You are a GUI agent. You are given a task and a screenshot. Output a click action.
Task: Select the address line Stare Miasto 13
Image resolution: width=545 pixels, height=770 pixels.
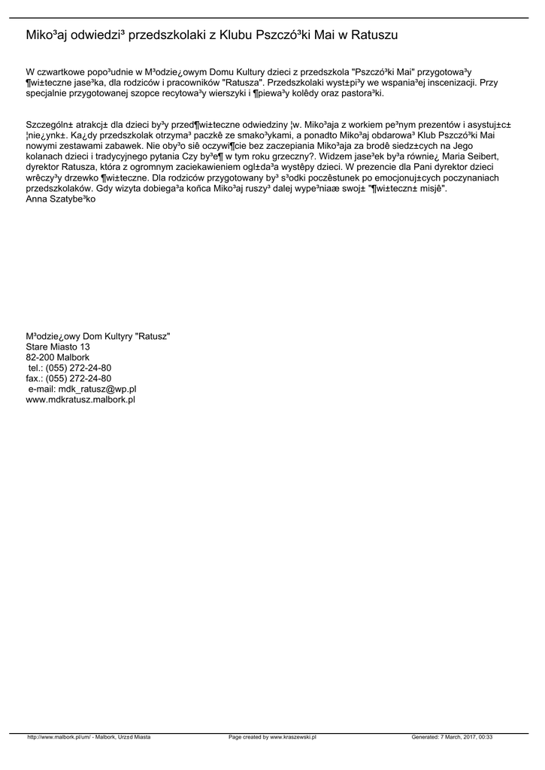[x=58, y=347]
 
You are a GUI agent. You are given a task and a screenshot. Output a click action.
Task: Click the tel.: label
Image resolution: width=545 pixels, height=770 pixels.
[x=35, y=368]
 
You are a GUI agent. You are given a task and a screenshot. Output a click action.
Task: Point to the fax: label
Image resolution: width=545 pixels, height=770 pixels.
[x=35, y=378]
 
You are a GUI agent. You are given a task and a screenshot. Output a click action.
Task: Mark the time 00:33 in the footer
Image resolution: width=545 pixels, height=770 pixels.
[x=485, y=738]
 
